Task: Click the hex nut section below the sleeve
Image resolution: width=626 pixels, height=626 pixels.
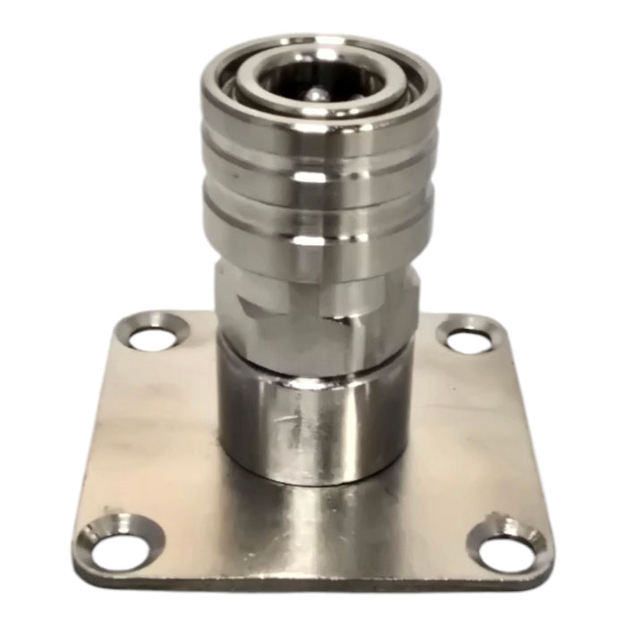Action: [317, 304]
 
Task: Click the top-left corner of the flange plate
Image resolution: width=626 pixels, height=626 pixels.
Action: [125, 318]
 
